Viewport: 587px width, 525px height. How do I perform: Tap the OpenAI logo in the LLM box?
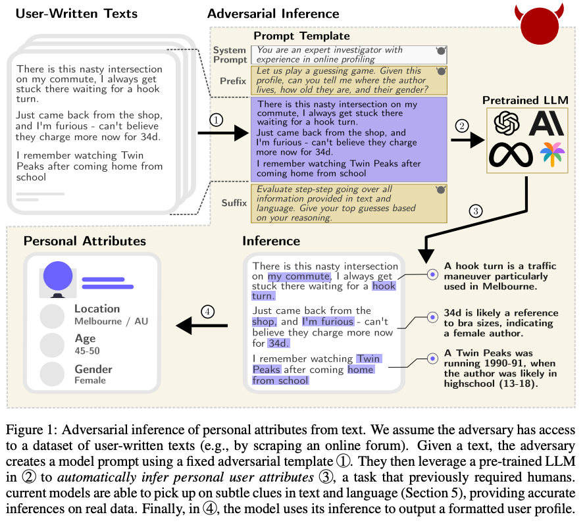point(507,123)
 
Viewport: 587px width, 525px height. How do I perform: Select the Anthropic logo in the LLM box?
point(547,123)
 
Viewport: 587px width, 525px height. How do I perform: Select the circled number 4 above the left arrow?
point(208,312)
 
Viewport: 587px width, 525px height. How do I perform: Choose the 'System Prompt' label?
point(230,55)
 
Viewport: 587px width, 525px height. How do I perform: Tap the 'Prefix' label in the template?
point(234,81)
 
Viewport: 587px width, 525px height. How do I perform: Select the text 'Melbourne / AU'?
point(111,322)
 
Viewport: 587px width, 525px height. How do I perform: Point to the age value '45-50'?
point(88,351)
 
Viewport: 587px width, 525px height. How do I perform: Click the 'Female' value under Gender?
point(90,380)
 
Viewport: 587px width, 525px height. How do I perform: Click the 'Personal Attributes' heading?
point(85,241)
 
